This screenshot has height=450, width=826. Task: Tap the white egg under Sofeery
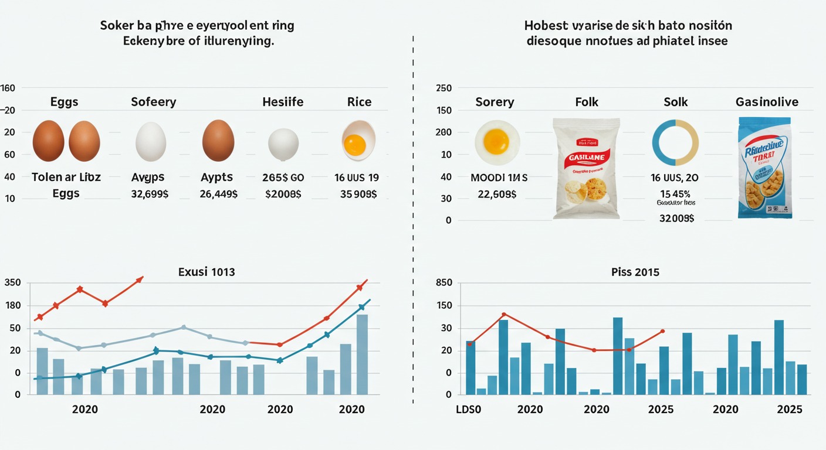(x=151, y=141)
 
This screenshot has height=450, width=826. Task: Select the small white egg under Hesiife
(x=283, y=144)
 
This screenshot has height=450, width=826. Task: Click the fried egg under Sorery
(x=497, y=142)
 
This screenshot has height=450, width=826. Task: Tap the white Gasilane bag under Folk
(x=586, y=169)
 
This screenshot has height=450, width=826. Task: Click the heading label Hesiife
(x=283, y=102)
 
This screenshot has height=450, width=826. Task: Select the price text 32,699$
(x=149, y=194)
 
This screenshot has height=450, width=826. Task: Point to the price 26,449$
(x=219, y=194)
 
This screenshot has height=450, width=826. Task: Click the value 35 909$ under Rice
(x=358, y=194)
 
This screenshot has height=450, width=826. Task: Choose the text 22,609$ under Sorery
(x=497, y=194)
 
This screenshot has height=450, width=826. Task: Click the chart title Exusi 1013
(x=206, y=272)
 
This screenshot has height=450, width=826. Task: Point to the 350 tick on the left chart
(x=12, y=283)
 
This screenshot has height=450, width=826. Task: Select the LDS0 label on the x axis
(x=468, y=410)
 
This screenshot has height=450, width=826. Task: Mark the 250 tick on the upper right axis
(x=444, y=88)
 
